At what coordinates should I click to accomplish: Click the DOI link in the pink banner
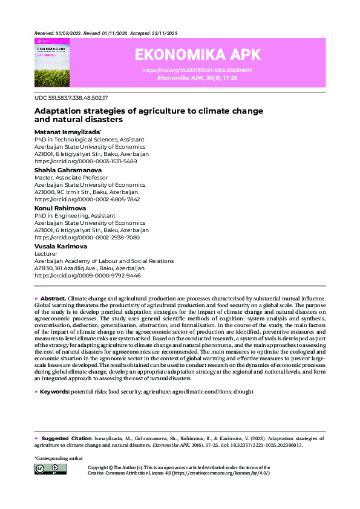197,70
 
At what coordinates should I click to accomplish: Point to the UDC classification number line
71,97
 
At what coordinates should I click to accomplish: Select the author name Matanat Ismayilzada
67,131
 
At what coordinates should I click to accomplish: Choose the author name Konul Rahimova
60,208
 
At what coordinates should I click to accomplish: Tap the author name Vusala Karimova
61,246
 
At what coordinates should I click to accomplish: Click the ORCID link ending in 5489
85,161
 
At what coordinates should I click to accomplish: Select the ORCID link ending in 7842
87,199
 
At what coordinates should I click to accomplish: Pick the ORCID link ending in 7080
87,238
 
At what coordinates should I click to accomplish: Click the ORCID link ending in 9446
87,275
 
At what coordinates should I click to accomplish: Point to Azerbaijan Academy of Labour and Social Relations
104,261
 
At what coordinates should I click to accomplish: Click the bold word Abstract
53,299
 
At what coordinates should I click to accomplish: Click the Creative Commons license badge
50,469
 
